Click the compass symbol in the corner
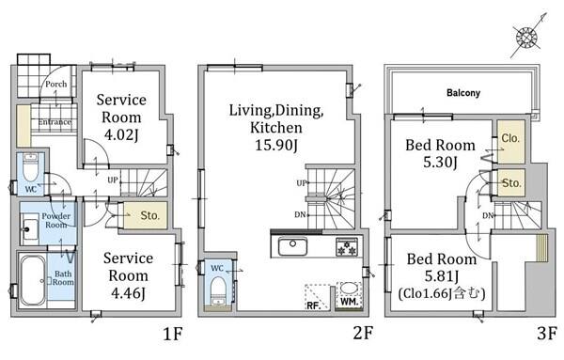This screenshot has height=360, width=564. pyautogui.click(x=527, y=37)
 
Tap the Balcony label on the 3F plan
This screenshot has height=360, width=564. pyautogui.click(x=463, y=93)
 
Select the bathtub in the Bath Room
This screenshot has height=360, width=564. pyautogui.click(x=32, y=280)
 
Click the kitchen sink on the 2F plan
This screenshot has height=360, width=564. pyautogui.click(x=292, y=247)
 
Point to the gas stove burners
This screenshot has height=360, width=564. pyautogui.click(x=347, y=246)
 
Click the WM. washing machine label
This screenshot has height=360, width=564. pyautogui.click(x=348, y=302)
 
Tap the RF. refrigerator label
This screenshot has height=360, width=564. pyautogui.click(x=314, y=305)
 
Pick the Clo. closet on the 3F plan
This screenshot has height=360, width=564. pyautogui.click(x=510, y=142)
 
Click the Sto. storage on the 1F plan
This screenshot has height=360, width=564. pyautogui.click(x=146, y=215)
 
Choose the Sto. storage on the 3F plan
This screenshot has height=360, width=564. pyautogui.click(x=510, y=183)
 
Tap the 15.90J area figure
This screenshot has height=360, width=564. pyautogui.click(x=276, y=146)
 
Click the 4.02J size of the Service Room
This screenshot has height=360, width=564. pyautogui.click(x=121, y=134)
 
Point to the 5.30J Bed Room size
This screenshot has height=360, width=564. pyautogui.click(x=440, y=163)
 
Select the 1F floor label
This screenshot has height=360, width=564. pyautogui.click(x=173, y=334)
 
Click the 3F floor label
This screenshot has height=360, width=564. pyautogui.click(x=547, y=334)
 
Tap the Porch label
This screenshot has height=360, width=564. pyautogui.click(x=56, y=85)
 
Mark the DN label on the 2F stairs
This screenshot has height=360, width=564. pyautogui.click(x=300, y=214)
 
